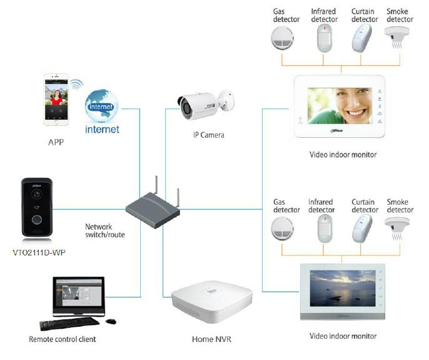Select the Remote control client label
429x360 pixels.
click(x=63, y=339)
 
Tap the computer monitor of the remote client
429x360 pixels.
click(x=78, y=294)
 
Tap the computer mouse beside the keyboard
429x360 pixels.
click(x=111, y=321)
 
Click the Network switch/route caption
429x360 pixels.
click(x=105, y=230)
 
